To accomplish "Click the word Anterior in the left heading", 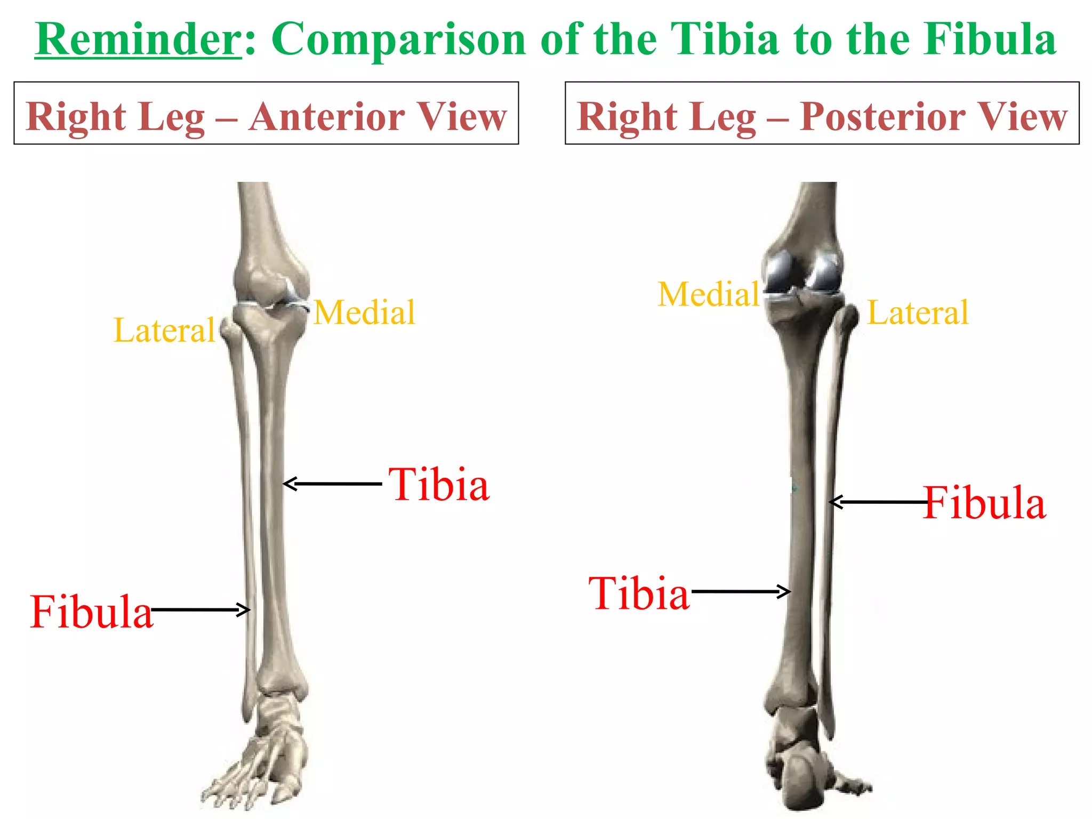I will [326, 117].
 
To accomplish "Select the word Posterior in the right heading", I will [882, 117].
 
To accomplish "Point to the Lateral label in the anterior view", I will [164, 330].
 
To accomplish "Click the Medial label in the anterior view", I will [364, 312].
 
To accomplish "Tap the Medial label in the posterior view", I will [709, 294].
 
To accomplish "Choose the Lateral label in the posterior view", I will [918, 312].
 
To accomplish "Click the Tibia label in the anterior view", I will [439, 485].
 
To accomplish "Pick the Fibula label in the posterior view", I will [984, 503].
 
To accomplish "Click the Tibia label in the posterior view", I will [639, 593].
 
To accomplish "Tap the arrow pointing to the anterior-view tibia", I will [332, 484].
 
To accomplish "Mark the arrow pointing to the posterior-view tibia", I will [740, 591].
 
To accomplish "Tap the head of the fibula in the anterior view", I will [231, 331].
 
